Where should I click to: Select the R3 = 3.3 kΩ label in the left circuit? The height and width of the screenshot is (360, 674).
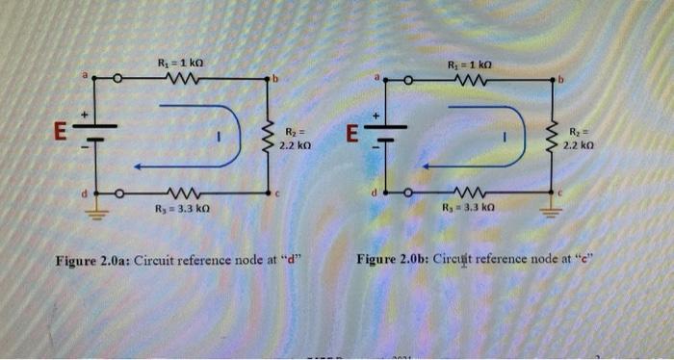(181, 207)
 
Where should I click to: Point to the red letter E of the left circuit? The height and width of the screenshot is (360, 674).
(60, 132)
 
